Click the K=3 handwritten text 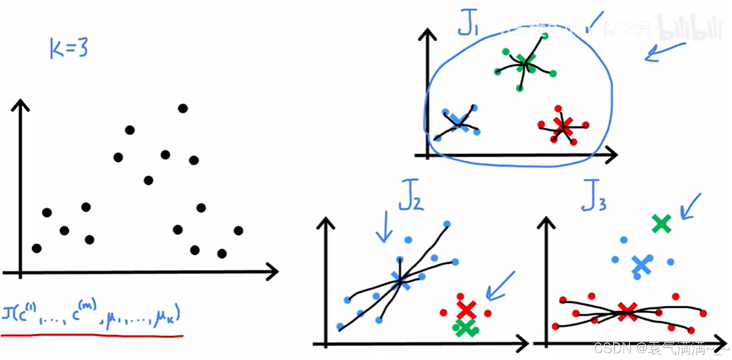pos(69,49)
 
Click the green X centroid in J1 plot pos(526,61)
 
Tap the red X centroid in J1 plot pos(563,126)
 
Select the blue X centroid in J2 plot pos(401,279)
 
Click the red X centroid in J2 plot pos(466,309)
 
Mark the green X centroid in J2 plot pos(465,328)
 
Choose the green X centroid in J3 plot pos(661,224)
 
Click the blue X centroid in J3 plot pos(640,264)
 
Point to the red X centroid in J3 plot pos(626,311)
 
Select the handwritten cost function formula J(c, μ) pos(91,316)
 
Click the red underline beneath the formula pos(91,334)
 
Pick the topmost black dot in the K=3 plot pos(182,108)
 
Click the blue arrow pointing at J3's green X pos(691,207)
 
